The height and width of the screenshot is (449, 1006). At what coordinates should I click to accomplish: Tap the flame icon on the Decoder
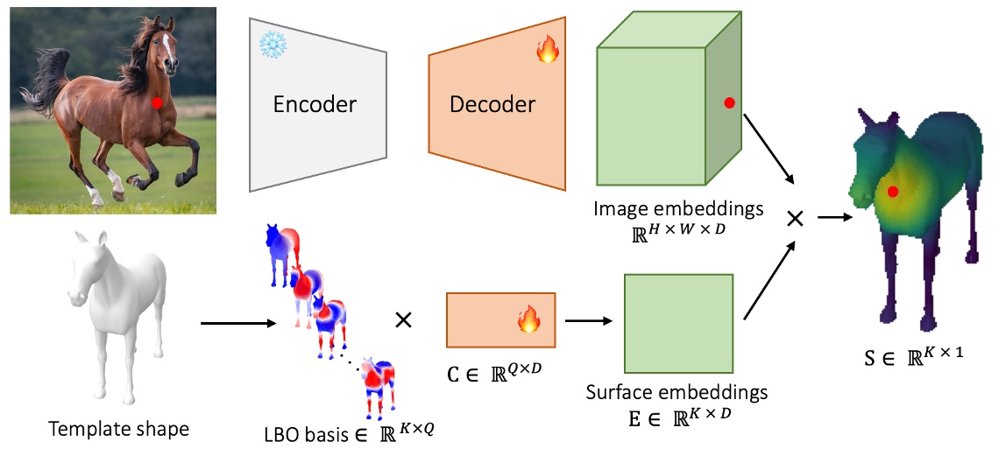pyautogui.click(x=547, y=52)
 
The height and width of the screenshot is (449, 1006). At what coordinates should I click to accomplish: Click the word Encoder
pyautogui.click(x=315, y=104)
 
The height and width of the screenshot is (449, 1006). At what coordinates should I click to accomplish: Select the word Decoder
pyautogui.click(x=492, y=104)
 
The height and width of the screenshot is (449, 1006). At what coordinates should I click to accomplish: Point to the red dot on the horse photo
pyautogui.click(x=157, y=102)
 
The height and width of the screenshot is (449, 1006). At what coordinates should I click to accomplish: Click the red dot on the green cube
pyautogui.click(x=728, y=103)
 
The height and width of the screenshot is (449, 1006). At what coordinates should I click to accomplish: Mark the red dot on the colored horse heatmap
pyautogui.click(x=892, y=191)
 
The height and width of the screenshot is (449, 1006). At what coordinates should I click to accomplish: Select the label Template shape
pyautogui.click(x=118, y=429)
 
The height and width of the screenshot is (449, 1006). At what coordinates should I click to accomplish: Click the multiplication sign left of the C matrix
pyautogui.click(x=404, y=320)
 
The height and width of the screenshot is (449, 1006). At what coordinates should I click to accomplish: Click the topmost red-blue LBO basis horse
pyautogui.click(x=283, y=254)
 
